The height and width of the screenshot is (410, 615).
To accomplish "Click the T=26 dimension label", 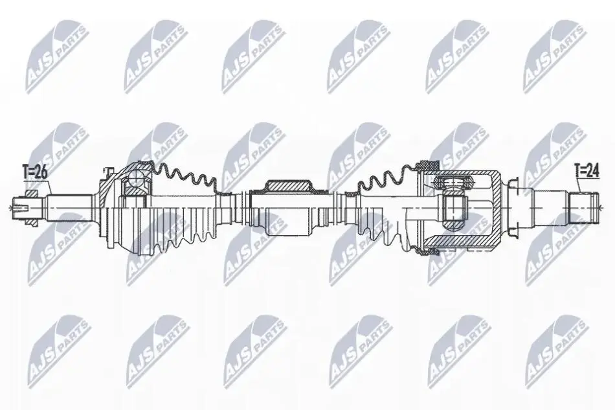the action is pyautogui.click(x=36, y=172).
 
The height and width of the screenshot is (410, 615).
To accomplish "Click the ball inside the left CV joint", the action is pyautogui.click(x=137, y=180).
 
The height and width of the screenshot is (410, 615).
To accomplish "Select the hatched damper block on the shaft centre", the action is pyautogui.click(x=288, y=186).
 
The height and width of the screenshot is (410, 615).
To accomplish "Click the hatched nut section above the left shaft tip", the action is pyautogui.click(x=31, y=194).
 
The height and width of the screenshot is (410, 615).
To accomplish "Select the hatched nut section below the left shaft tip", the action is pyautogui.click(x=31, y=222).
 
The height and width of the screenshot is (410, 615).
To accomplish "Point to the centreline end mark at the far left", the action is pyautogui.click(x=10, y=207).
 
